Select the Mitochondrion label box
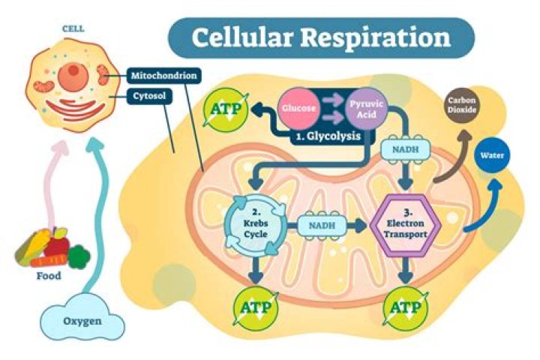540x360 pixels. [163, 76]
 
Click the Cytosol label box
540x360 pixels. [150, 97]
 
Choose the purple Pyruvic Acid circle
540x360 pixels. [367, 107]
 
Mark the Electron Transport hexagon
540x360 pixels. [405, 223]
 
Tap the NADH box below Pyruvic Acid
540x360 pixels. [406, 153]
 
